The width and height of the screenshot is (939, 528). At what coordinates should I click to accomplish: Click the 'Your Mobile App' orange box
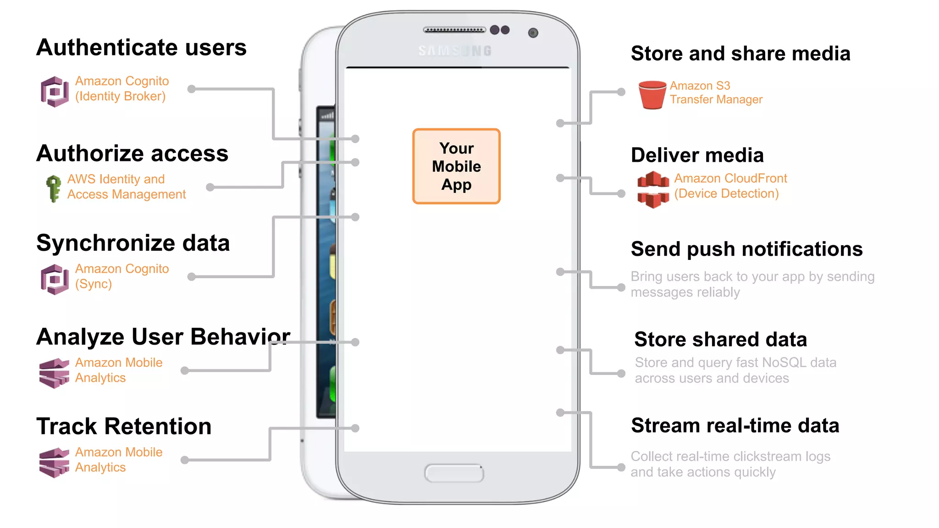(x=456, y=166)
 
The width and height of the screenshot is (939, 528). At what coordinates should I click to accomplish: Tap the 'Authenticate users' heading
(x=141, y=48)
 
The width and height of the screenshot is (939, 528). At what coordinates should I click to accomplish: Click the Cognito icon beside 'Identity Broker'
(x=55, y=91)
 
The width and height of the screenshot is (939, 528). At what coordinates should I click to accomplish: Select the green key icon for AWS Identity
(x=54, y=188)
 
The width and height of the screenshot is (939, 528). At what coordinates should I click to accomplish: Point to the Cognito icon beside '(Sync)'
(x=55, y=279)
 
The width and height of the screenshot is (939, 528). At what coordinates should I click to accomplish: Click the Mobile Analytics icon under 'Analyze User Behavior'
(x=54, y=373)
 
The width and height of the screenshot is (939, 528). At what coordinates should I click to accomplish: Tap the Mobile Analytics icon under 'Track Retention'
(x=54, y=462)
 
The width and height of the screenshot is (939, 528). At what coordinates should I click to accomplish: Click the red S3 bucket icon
(x=652, y=94)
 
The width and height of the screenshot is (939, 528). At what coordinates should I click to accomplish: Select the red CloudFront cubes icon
(x=653, y=189)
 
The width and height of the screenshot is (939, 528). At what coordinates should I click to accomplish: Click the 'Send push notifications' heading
(x=746, y=249)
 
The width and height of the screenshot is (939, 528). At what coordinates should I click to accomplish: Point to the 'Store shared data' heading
(x=720, y=340)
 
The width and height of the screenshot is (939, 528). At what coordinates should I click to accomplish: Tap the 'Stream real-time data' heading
(x=735, y=426)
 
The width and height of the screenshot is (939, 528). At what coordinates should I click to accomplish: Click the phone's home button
(x=454, y=473)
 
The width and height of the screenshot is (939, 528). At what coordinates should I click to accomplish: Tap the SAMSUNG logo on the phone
(x=455, y=51)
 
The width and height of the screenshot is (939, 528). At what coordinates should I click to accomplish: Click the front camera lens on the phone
(x=533, y=33)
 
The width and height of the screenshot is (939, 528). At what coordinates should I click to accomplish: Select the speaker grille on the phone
(x=454, y=30)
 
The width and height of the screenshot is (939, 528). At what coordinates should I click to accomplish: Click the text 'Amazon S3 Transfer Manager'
(x=716, y=93)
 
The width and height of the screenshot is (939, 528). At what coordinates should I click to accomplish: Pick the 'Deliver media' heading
(x=697, y=155)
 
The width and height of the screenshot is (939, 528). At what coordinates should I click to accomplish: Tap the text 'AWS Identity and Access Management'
(x=126, y=187)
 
